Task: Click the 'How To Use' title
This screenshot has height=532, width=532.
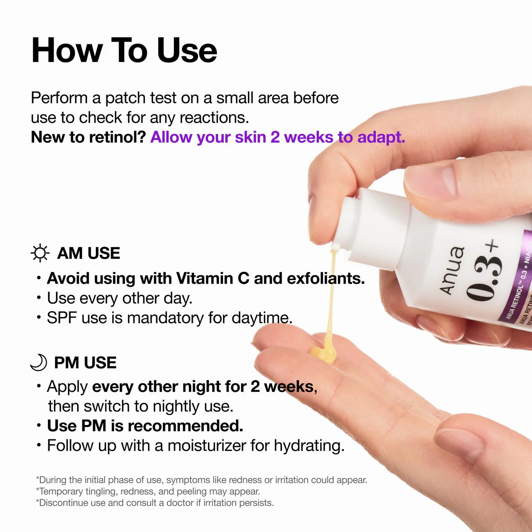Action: pos(124,50)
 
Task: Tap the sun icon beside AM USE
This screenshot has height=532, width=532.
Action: pos(40,253)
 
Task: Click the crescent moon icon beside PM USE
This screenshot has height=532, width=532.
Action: pos(39,362)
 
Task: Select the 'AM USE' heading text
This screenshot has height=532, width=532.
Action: pos(89,253)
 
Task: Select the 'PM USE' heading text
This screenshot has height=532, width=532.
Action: pos(85,363)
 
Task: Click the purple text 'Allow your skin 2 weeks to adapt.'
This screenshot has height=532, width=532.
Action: pos(278,137)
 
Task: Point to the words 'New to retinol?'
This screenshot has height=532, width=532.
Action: pos(88,137)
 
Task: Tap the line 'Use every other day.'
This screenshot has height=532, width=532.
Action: pos(120,298)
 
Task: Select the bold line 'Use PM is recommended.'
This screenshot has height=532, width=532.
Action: pos(145,426)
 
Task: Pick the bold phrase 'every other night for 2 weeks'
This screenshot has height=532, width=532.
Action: pos(203,387)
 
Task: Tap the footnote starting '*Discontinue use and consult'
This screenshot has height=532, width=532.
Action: pos(155,503)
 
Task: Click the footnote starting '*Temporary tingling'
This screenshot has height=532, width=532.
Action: pos(148,491)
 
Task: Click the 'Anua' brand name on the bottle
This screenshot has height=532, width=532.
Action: pos(451,270)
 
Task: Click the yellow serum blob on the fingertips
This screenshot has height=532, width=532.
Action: pos(322,353)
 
